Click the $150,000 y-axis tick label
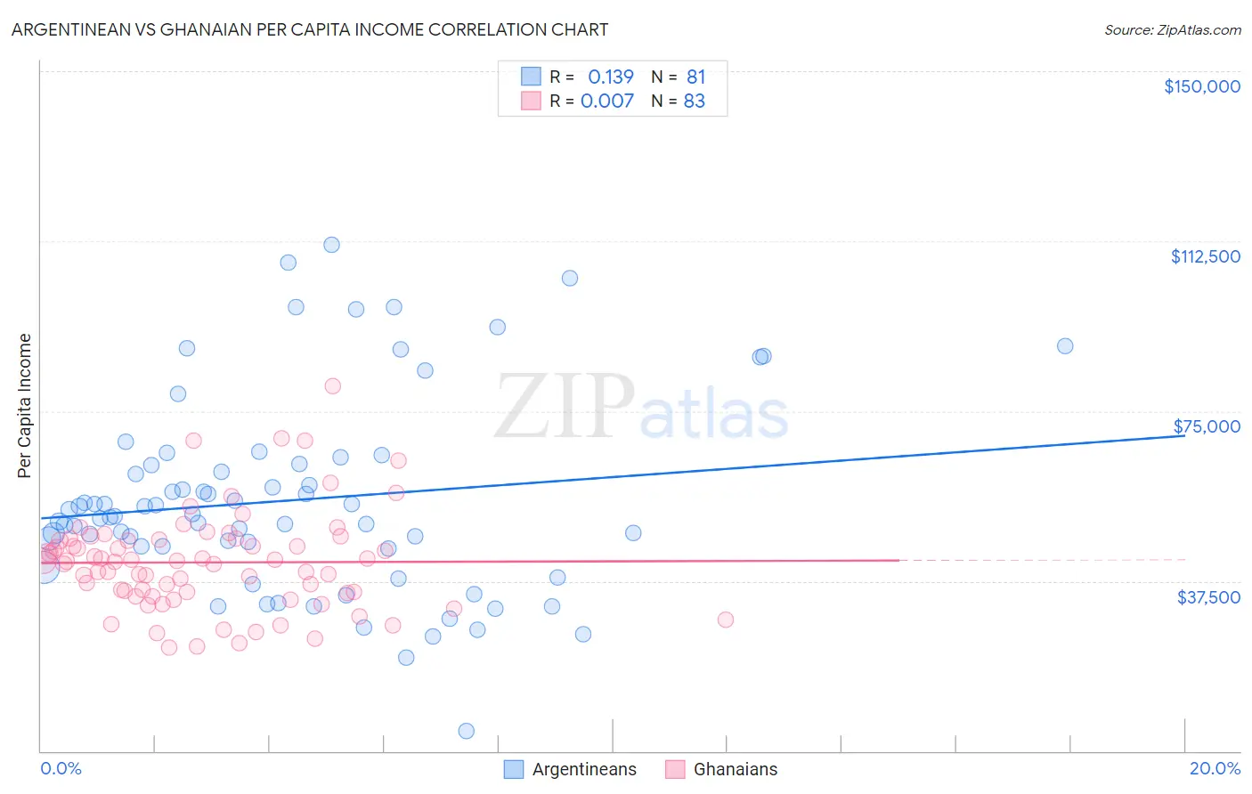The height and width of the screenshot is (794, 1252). pos(1201,86)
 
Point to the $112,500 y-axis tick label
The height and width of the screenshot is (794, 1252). pos(1205,256)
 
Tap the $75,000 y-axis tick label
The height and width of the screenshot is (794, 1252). pos(1207,426)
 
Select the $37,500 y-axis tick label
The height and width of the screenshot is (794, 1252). pos(1208,597)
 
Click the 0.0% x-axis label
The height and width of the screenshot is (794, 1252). pos(61,768)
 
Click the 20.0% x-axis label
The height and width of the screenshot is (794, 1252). pos(1215,768)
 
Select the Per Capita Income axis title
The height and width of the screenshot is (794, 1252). pos(25,406)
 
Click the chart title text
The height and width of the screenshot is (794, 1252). pos(310,29)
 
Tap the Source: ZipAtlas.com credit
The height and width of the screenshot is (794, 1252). pos(1172,29)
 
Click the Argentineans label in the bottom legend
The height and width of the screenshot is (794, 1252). pos(584,769)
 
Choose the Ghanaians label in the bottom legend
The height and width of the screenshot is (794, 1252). pos(735,769)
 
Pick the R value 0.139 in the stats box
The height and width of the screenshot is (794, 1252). pos(610,77)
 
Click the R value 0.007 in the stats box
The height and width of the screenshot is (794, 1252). pos(606,101)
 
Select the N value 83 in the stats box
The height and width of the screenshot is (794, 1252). pos(694,101)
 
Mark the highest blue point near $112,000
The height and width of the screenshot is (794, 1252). pos(331,245)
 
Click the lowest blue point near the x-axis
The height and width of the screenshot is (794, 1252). pos(466,731)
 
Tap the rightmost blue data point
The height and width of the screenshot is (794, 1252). pos(1064,346)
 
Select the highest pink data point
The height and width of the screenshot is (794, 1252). pos(332,385)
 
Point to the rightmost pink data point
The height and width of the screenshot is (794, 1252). pos(725,620)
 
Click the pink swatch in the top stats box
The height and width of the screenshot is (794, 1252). pos(531,101)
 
